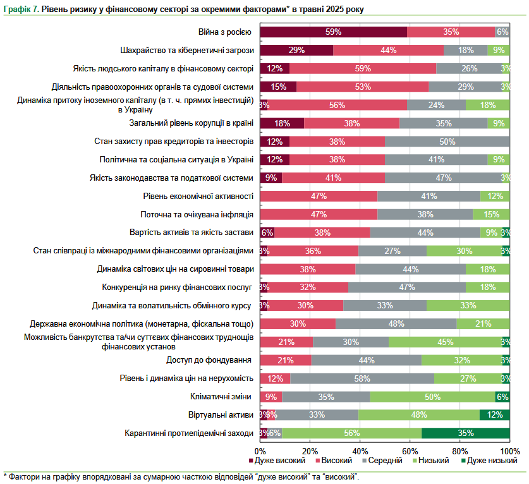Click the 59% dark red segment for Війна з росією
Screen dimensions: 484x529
tap(333, 32)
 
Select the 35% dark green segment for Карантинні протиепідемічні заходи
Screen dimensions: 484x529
tap(466, 433)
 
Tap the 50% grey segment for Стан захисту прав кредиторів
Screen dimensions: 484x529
tap(447, 141)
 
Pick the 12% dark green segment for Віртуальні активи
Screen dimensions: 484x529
tap(495, 414)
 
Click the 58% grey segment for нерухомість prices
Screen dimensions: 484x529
tap(362, 378)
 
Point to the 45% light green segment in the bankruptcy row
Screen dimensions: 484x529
tap(445, 342)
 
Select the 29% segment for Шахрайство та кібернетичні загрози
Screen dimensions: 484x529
tap(296, 50)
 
